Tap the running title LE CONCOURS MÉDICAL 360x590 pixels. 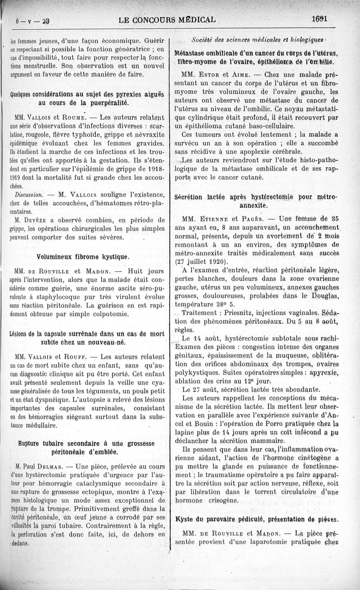pos(166,20)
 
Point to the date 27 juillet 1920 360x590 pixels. pos(201,262)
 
